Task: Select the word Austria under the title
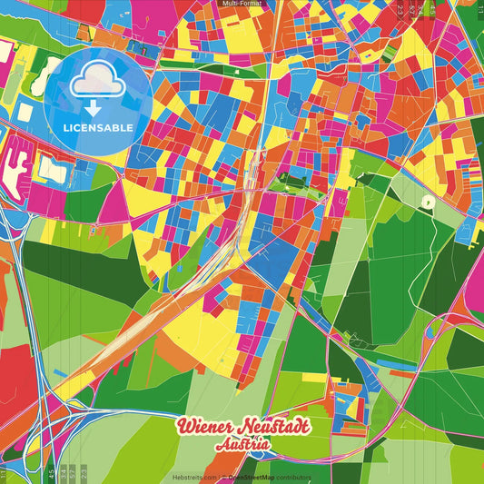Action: point(242,444)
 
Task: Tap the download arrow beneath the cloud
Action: point(94,107)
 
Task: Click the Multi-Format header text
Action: point(242,4)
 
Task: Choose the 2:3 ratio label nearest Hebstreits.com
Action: point(84,473)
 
